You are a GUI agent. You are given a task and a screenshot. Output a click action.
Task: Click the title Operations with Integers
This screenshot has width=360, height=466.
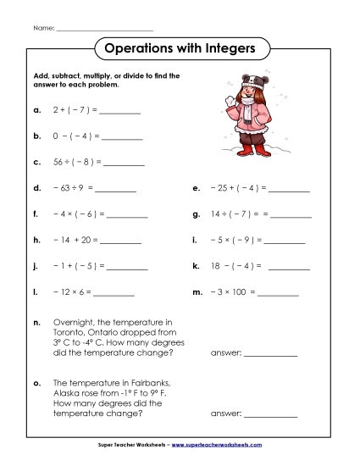(x=180, y=48)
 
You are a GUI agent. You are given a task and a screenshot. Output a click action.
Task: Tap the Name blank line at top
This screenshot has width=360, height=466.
(x=105, y=30)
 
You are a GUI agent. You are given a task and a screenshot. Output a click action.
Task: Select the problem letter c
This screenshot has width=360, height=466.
(x=36, y=160)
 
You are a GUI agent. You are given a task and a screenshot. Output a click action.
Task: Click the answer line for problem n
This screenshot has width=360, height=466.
(x=272, y=353)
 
